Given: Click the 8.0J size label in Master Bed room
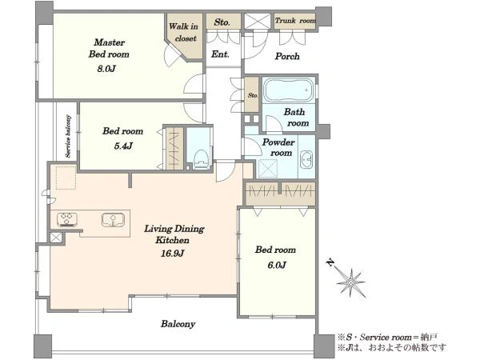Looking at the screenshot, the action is click(106, 69).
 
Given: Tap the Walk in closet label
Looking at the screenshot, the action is click(184, 33).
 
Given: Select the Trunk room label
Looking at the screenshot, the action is click(295, 21).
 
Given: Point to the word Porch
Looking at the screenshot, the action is click(287, 56).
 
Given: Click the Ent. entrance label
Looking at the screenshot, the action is click(220, 54).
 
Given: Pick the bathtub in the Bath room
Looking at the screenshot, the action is click(289, 90).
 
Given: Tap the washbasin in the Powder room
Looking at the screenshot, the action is click(306, 159).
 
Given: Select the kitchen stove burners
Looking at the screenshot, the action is click(67, 219).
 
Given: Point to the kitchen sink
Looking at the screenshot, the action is click(114, 220).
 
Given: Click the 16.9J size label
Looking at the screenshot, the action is click(173, 254).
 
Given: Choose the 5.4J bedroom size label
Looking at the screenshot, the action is click(123, 146).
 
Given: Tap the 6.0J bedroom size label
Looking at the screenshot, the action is click(277, 265).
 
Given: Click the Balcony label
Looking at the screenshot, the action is click(178, 324).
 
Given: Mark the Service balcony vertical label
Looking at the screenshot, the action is click(68, 137).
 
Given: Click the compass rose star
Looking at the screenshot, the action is click(351, 282).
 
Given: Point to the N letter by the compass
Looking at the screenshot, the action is click(330, 262).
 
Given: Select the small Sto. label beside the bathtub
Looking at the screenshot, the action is click(253, 95).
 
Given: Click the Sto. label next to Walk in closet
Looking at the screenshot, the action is click(222, 22).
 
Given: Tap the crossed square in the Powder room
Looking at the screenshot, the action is click(267, 168).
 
